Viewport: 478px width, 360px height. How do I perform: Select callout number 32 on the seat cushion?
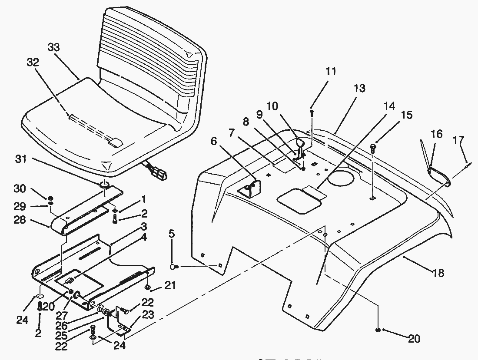pyautogui.click(x=33, y=63)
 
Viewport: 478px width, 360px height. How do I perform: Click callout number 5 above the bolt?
pyautogui.click(x=172, y=234)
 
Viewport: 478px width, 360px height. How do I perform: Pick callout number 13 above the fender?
pyautogui.click(x=359, y=89)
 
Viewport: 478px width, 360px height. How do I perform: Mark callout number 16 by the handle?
pyautogui.click(x=436, y=134)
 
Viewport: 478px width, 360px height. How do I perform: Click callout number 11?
pyautogui.click(x=331, y=71)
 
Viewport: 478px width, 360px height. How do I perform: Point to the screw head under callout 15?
pyautogui.click(x=373, y=148)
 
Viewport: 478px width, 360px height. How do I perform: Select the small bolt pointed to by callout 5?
pyautogui.click(x=173, y=267)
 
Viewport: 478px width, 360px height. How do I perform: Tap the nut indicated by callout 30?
pyautogui.click(x=51, y=198)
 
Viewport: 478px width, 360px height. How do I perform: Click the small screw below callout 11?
pyautogui.click(x=312, y=112)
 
